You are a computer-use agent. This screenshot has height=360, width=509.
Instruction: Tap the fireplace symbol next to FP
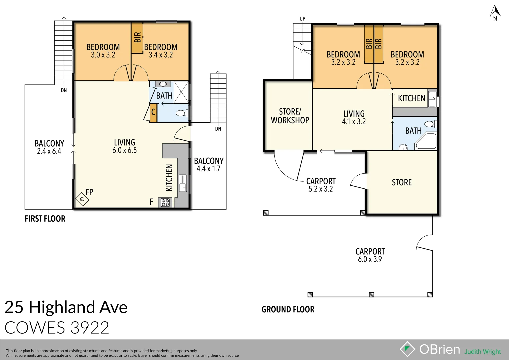coord(82,199)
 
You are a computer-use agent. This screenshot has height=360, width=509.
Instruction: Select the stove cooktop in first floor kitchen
coord(165,202)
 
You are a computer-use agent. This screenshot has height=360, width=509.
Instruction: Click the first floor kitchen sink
coord(183,183)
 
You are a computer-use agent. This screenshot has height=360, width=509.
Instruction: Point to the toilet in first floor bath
coord(181,113)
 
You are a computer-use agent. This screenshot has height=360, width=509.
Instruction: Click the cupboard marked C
coord(153,112)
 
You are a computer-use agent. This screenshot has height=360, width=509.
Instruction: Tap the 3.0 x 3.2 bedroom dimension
coord(103,55)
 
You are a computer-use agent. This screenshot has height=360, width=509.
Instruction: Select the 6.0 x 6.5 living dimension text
coord(124,150)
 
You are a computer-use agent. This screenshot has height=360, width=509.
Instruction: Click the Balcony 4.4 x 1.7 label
coord(209,165)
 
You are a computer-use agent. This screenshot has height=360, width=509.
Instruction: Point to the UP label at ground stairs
coord(302,19)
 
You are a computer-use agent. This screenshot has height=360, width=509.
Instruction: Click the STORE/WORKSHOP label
coord(290,116)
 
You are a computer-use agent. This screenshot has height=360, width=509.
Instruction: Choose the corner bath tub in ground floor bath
coord(426,142)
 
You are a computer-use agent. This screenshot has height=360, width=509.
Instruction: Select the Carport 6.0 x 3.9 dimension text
coord(370,259)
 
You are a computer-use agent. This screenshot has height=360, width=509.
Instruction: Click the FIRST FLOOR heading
coord(45,219)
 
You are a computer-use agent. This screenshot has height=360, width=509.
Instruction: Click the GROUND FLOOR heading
coord(288,309)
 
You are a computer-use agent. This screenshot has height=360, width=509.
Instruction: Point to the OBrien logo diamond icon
coord(407,349)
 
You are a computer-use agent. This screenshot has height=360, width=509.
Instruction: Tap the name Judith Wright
coord(482,352)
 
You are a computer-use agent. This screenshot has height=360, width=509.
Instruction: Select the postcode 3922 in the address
coord(90,328)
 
